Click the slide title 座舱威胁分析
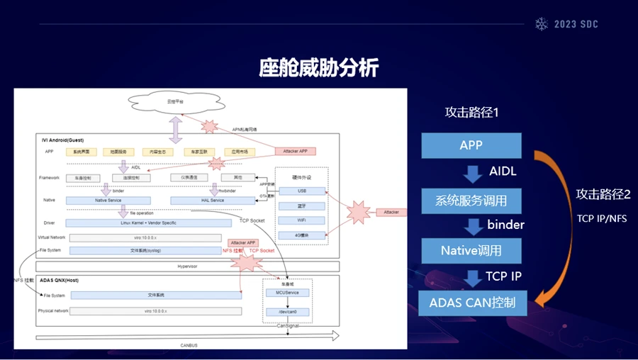[x=318, y=68]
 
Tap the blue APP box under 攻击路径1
[x=471, y=145]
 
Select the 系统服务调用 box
[x=471, y=201]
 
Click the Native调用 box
[x=471, y=250]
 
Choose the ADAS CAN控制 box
[x=471, y=303]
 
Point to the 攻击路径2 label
[x=603, y=194]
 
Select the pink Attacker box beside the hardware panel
[x=391, y=211]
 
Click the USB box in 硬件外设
[x=301, y=191]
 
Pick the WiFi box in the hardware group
[x=301, y=220]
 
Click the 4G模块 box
[x=301, y=235]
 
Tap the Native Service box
[x=108, y=201]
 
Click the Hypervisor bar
[x=186, y=266]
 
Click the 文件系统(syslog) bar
[x=145, y=250]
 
